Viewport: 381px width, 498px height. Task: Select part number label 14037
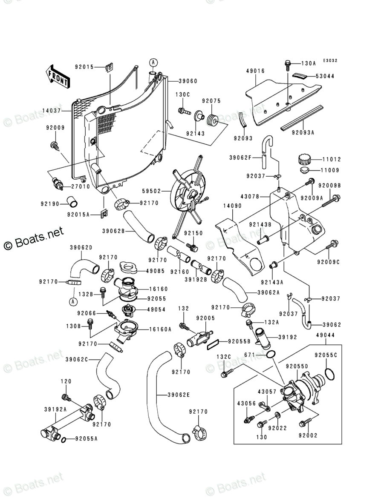52,111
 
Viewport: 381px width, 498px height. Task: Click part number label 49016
255,72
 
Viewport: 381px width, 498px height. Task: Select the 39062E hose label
179,395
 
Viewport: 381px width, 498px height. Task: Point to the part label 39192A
55,409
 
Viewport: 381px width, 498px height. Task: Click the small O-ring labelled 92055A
63,439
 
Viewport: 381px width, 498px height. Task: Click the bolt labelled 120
66,398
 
